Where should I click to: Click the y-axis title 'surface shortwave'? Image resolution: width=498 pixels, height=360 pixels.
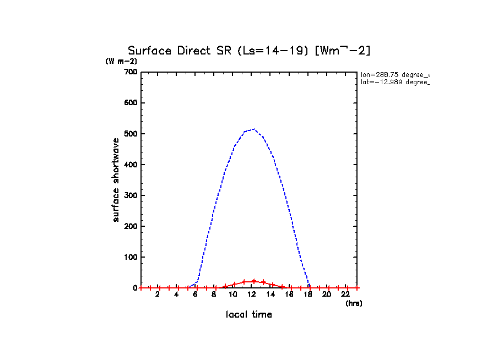116,180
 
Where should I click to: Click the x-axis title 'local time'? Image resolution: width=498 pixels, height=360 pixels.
248,314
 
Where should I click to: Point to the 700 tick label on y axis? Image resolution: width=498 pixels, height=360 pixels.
131,72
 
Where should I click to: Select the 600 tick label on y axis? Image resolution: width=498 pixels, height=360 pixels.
131,103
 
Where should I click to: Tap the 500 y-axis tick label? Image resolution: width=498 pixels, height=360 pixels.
131,134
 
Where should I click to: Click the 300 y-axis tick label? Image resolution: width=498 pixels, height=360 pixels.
131,195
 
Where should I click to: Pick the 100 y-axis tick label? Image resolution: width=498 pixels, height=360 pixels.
131,257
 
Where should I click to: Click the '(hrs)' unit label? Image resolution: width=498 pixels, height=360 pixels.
354,303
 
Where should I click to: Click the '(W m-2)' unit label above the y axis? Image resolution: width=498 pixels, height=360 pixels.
121,61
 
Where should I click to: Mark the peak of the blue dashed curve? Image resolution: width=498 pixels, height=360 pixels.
253,129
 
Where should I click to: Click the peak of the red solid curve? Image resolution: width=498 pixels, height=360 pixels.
253,281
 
